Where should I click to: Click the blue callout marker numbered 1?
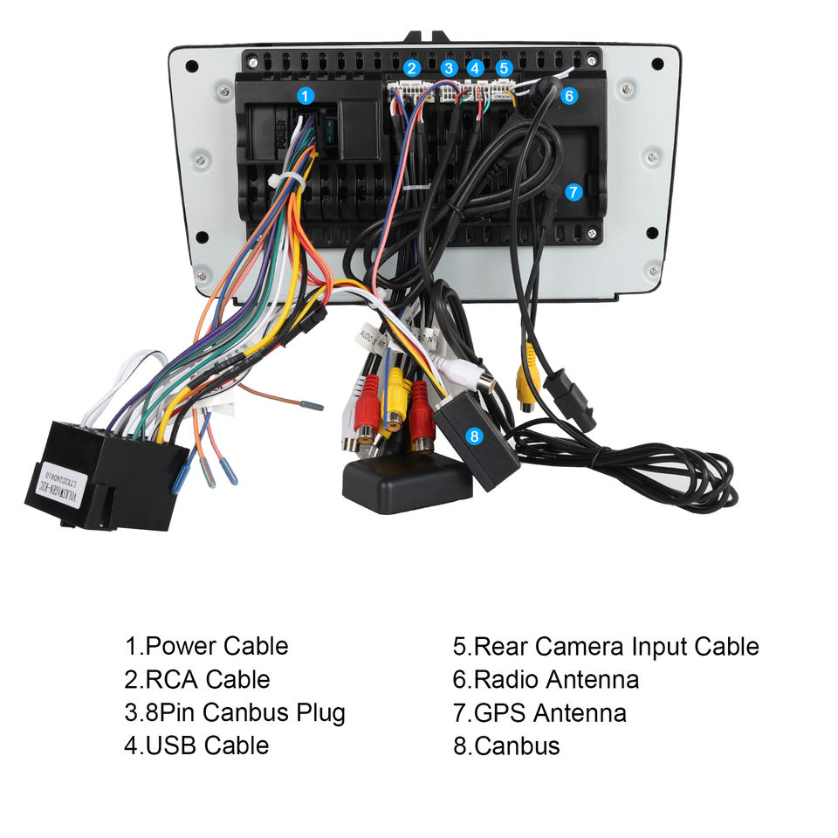click(305, 95)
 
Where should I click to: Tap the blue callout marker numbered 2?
click(412, 67)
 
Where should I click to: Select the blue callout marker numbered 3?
click(449, 67)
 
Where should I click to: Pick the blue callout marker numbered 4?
click(475, 67)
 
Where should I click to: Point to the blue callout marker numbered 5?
click(504, 67)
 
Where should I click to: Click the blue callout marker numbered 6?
click(568, 96)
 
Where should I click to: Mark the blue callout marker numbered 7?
click(573, 192)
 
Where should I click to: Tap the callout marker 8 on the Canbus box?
click(474, 434)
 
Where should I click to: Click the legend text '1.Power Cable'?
click(206, 647)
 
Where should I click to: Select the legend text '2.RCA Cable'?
click(197, 680)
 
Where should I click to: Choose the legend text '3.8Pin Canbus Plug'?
click(235, 713)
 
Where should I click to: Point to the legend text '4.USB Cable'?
click(196, 746)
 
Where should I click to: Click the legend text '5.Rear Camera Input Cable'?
click(606, 647)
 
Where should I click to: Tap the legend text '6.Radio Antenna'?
click(546, 680)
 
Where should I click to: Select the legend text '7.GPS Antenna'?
click(539, 713)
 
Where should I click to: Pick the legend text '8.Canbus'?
click(506, 746)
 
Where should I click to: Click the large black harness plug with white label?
click(105, 476)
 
